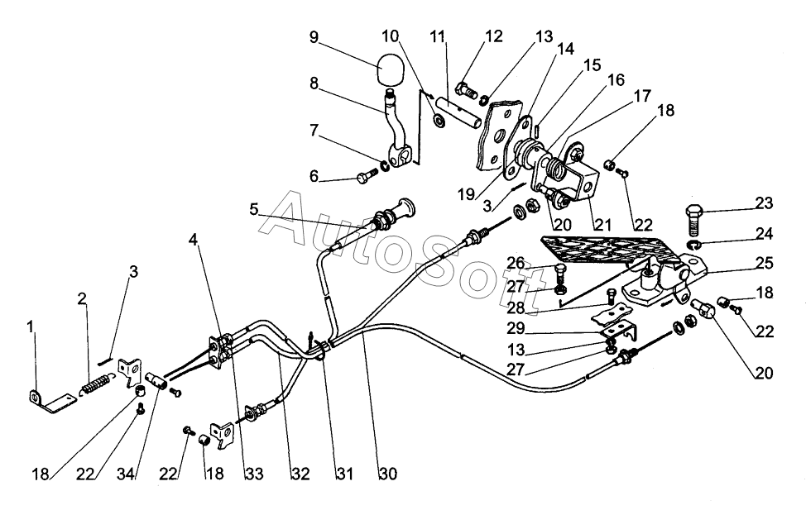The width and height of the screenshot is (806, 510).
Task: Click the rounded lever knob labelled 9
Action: point(390,69)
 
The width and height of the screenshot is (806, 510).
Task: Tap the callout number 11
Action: point(438,37)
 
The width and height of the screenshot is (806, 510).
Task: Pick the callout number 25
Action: point(765,263)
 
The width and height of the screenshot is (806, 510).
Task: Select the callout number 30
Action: point(389,474)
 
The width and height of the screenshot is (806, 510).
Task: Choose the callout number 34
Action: point(127,474)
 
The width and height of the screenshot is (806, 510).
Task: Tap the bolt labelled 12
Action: point(467,92)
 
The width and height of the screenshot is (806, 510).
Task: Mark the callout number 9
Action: point(314,37)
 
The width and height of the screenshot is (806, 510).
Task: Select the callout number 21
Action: point(603,225)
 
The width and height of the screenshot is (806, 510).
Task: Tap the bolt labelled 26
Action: point(561,272)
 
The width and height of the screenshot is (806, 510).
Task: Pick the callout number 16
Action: point(616,80)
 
